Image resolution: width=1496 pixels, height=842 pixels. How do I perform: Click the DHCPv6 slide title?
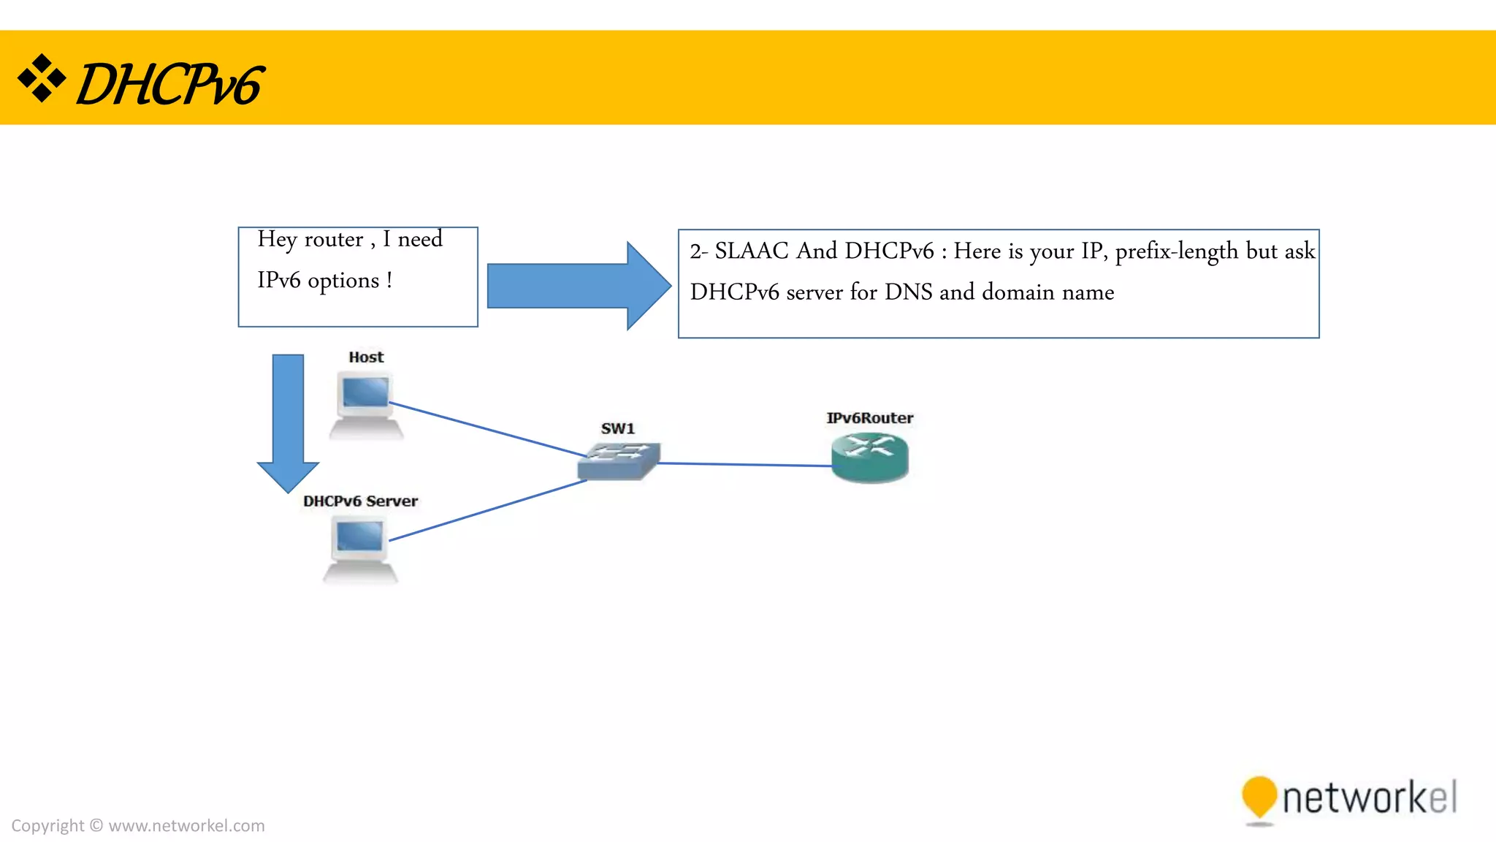point(169,84)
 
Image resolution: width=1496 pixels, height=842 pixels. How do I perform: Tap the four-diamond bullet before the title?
point(42,77)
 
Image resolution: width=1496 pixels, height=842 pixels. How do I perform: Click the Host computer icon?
point(366,404)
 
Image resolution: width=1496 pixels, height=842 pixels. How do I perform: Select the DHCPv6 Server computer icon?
point(360,549)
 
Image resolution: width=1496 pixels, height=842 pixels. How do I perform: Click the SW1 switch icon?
point(619,461)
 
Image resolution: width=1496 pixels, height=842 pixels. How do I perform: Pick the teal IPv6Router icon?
point(869,458)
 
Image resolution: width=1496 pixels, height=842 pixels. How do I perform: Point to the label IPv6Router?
point(869,418)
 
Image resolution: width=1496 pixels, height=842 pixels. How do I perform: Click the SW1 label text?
point(617,428)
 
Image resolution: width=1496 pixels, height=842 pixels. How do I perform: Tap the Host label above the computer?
point(366,357)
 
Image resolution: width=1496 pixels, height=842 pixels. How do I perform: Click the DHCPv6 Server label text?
point(360,501)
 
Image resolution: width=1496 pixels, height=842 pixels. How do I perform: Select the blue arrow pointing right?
point(577,286)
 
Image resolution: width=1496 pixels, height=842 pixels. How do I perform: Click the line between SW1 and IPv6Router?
point(745,464)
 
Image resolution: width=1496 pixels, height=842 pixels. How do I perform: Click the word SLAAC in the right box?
point(751,251)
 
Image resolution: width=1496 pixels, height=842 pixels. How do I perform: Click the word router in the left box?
point(333,240)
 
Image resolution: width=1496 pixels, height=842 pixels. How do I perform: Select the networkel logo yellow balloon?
point(1259,797)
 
